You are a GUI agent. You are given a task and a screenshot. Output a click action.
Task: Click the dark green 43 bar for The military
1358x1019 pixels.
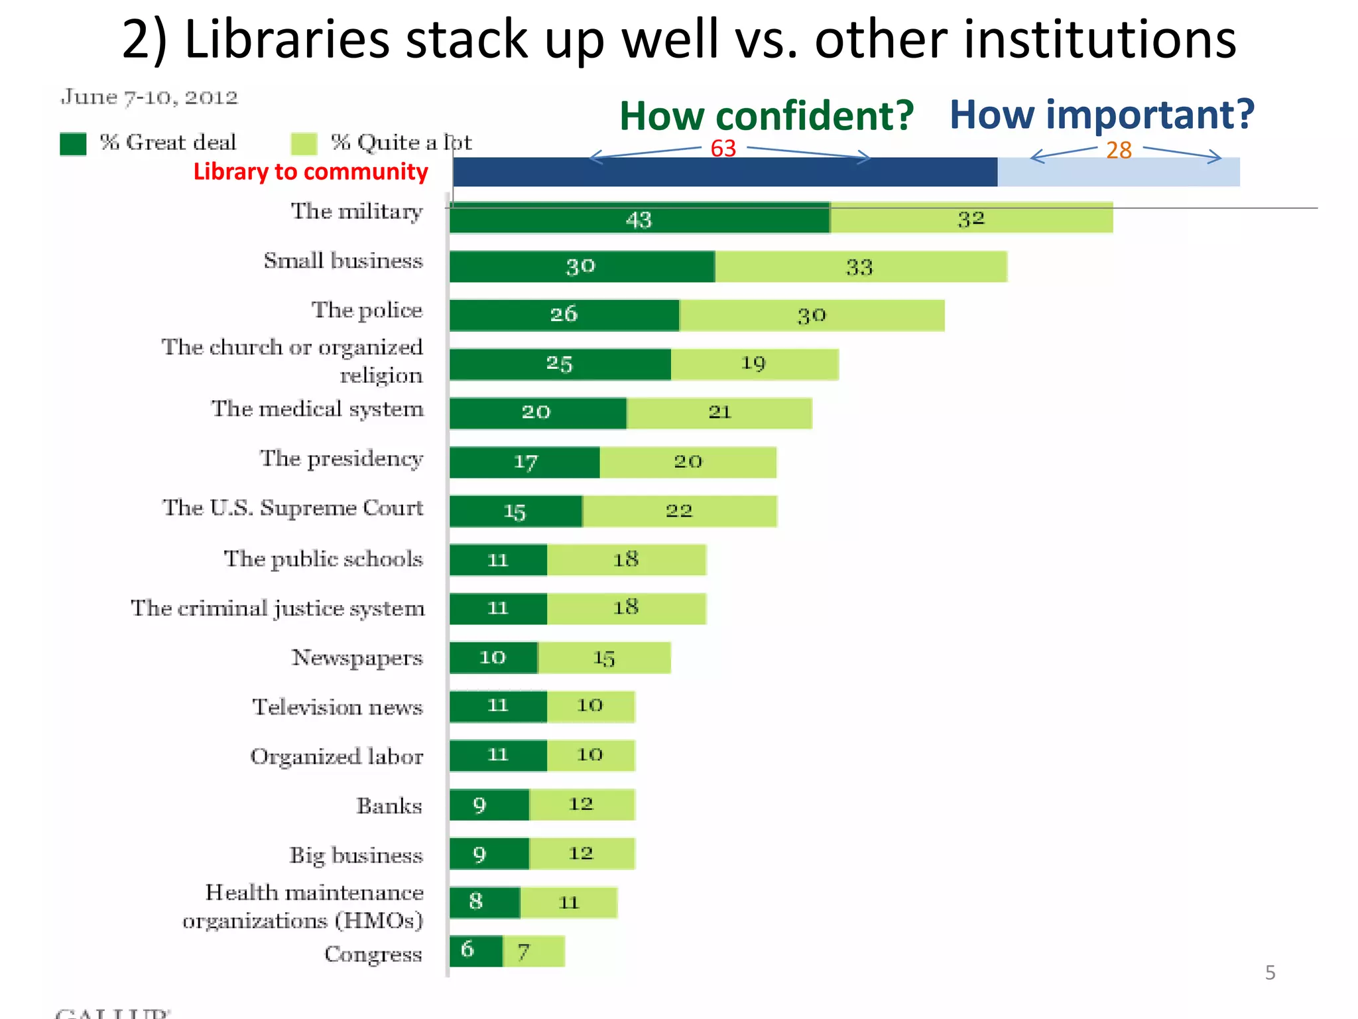639,218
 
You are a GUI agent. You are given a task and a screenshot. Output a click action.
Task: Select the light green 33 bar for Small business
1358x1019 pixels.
861,267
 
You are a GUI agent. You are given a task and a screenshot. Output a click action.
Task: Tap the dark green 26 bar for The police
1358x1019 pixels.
564,315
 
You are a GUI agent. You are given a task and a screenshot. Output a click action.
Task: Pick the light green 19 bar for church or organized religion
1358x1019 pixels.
755,364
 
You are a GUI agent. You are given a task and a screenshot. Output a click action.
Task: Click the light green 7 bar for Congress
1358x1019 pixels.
534,951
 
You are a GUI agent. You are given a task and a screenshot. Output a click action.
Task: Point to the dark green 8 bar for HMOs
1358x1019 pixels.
484,902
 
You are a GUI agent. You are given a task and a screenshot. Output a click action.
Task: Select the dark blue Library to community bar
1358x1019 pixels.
725,172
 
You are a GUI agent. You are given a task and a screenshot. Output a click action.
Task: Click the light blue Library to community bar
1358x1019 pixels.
1118,172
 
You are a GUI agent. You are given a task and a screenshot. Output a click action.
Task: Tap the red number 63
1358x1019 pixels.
723,149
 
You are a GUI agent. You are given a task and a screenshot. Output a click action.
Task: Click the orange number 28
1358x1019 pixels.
1119,151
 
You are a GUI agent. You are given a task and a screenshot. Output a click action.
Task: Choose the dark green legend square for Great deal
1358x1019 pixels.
73,143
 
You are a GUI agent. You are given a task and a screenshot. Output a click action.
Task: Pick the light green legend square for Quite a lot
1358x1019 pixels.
304,143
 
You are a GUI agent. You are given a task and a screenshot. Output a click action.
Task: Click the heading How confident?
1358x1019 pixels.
767,116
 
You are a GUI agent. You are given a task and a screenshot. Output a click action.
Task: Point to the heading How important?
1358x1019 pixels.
1101,115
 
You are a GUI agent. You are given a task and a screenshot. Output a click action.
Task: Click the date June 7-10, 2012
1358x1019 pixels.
149,98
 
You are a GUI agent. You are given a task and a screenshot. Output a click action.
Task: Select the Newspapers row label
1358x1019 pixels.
357,657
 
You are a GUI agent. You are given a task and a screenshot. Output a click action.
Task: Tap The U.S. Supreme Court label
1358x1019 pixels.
292,508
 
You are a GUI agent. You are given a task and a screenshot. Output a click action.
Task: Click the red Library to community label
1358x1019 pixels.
310,172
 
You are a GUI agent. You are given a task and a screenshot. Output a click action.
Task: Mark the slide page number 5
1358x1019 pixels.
1270,973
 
